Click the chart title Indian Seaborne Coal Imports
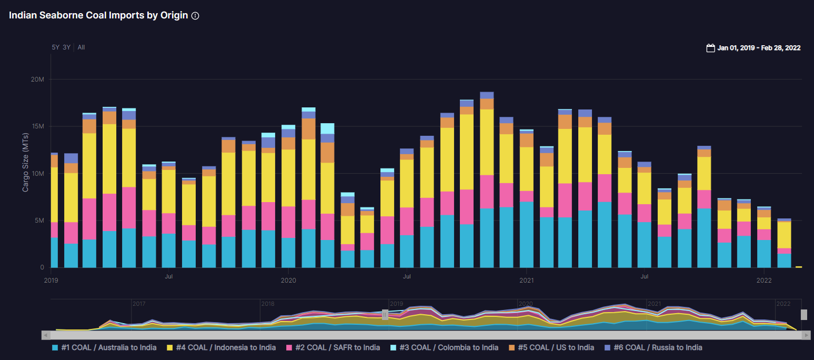pyautogui.click(x=98, y=15)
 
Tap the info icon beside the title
pyautogui.click(x=195, y=16)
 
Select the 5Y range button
pyautogui.click(x=55, y=47)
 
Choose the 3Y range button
pyautogui.click(x=66, y=47)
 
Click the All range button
pyautogui.click(x=81, y=47)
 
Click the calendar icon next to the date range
pyautogui.click(x=710, y=48)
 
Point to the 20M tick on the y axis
pyautogui.click(x=37, y=79)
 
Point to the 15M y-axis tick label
pyautogui.click(x=37, y=126)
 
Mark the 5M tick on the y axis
pyautogui.click(x=39, y=221)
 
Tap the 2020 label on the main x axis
pyautogui.click(x=288, y=281)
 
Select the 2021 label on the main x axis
pyautogui.click(x=527, y=281)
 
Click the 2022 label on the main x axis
pyautogui.click(x=764, y=281)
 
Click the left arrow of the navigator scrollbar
pyautogui.click(x=46, y=335)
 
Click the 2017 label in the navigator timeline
pyautogui.click(x=139, y=304)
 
